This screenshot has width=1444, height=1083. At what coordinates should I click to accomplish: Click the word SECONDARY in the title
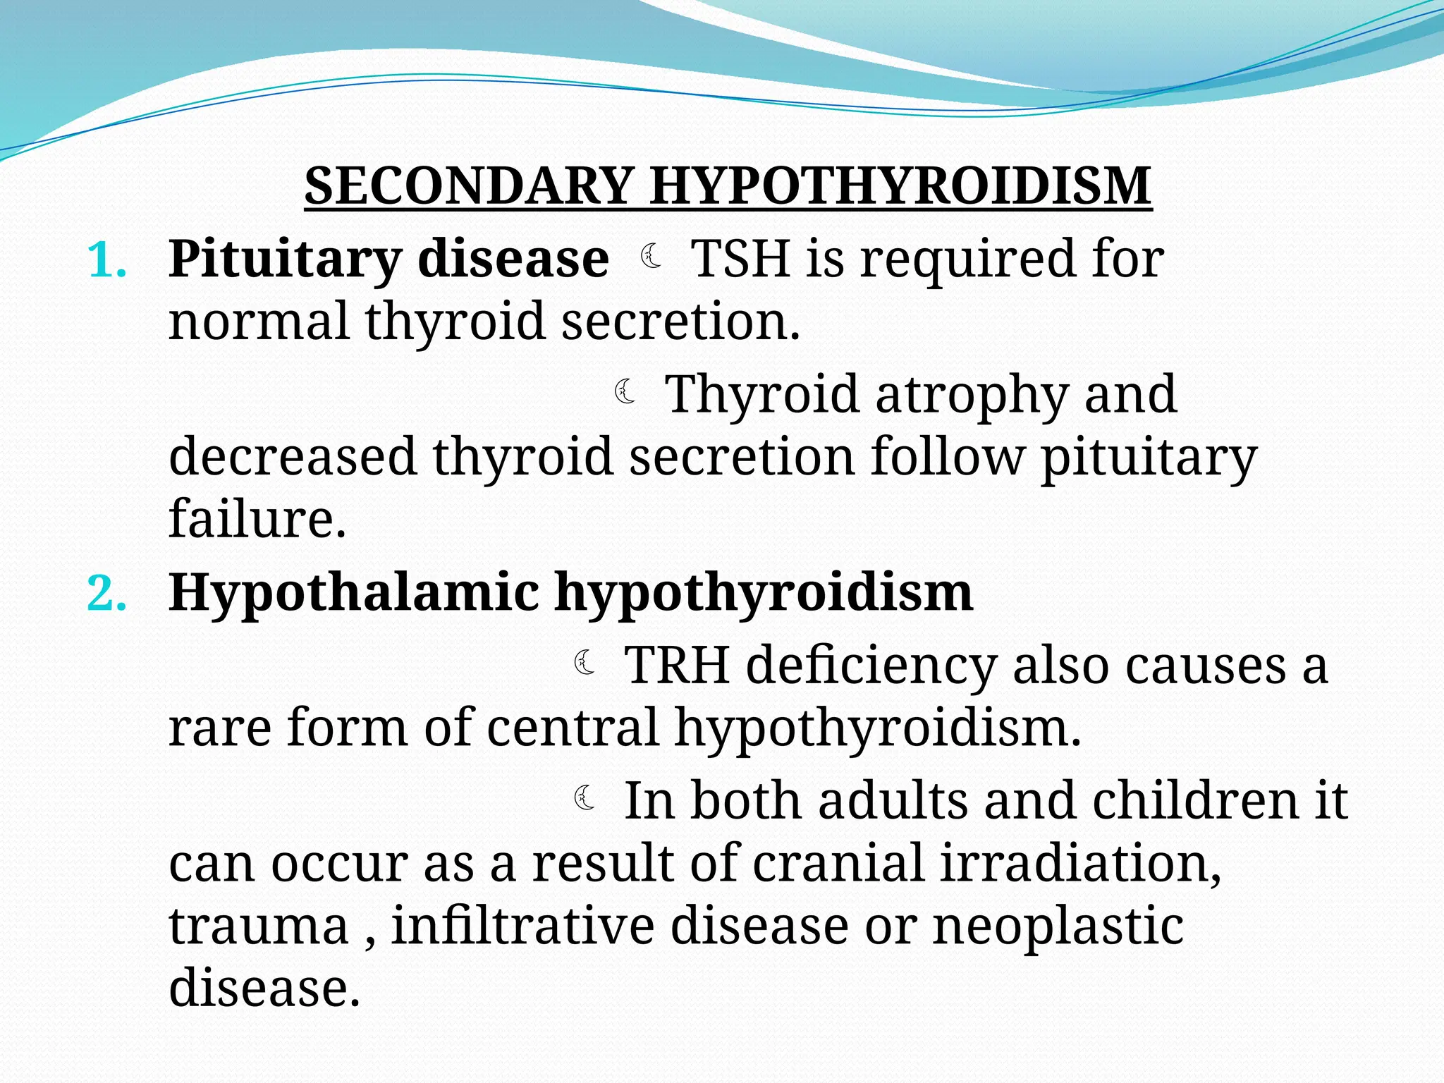click(x=467, y=186)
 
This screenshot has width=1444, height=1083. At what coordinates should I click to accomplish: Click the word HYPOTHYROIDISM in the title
click(x=900, y=186)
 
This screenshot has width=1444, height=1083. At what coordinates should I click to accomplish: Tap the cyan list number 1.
click(x=106, y=260)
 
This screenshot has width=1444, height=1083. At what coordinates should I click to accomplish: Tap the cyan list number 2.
click(x=106, y=594)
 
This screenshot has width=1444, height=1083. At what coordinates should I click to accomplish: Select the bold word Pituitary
click(x=284, y=260)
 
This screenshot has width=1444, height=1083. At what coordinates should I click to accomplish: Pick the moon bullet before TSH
click(x=651, y=256)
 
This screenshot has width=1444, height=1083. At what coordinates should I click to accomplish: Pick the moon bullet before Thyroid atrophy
click(x=625, y=391)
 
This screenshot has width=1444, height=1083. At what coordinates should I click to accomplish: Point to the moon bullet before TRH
click(x=585, y=663)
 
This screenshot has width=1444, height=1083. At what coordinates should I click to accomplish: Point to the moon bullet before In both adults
click(x=585, y=798)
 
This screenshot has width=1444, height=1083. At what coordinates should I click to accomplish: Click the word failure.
click(x=257, y=518)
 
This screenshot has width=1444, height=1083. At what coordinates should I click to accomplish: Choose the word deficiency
click(x=871, y=665)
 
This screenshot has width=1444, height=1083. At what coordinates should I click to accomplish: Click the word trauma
click(x=259, y=926)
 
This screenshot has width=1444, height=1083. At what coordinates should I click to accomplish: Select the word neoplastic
click(x=1058, y=926)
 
